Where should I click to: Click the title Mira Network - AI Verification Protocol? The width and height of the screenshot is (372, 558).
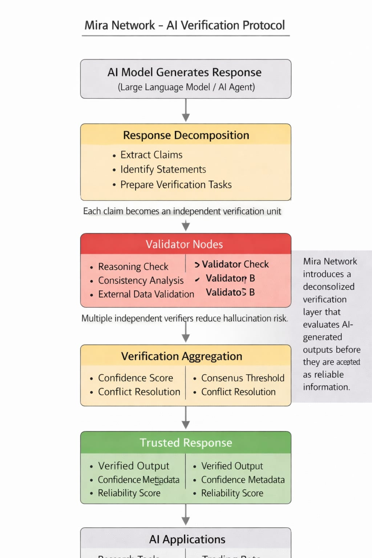pos(185,25)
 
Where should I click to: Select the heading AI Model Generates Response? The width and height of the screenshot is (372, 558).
pos(185,72)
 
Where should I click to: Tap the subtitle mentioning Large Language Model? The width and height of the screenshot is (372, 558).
pos(186,87)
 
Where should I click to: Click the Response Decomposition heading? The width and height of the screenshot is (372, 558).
pos(186,135)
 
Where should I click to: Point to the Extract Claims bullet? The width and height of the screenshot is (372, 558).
pos(151,155)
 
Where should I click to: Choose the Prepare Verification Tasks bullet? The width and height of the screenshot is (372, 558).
pos(176,185)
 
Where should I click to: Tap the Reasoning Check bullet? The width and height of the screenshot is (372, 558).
pos(133,267)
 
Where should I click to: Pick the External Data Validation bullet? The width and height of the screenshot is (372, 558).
pos(146,294)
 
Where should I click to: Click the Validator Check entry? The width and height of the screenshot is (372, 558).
pos(235,264)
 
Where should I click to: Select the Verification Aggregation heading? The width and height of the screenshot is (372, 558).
pos(182,356)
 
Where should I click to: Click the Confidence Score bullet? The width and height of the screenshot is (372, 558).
pos(136,378)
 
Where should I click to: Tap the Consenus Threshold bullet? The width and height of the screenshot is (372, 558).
pos(243,378)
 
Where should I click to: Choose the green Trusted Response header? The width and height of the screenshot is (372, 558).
pos(186,442)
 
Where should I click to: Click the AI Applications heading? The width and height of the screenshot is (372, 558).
pos(187,539)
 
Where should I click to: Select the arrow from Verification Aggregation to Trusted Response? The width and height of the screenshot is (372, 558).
pos(186,418)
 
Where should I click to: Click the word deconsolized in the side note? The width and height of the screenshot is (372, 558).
pos(328,287)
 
